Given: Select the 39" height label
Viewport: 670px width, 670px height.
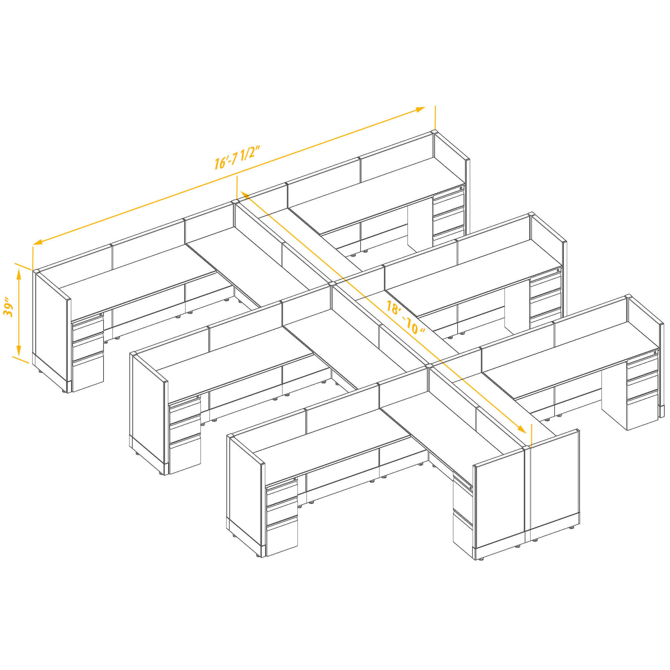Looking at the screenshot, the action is tap(8, 307).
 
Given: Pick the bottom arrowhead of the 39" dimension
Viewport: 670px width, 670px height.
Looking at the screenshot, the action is tap(19, 350).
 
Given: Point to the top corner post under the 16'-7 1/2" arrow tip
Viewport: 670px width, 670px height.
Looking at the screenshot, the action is tap(434, 132).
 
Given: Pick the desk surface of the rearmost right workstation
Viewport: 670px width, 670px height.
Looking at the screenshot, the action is tap(377, 195).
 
